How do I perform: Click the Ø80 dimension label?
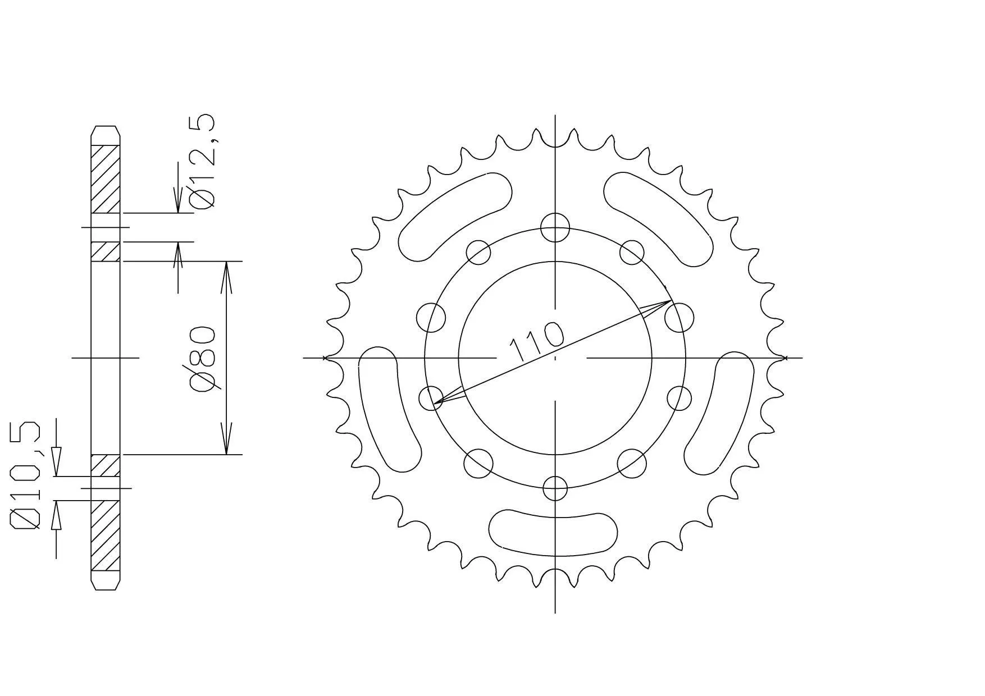(203, 358)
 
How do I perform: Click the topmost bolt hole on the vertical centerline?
(555, 227)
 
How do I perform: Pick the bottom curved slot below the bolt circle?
(553, 532)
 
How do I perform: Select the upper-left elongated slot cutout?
(455, 216)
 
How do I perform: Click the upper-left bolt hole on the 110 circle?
(479, 251)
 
